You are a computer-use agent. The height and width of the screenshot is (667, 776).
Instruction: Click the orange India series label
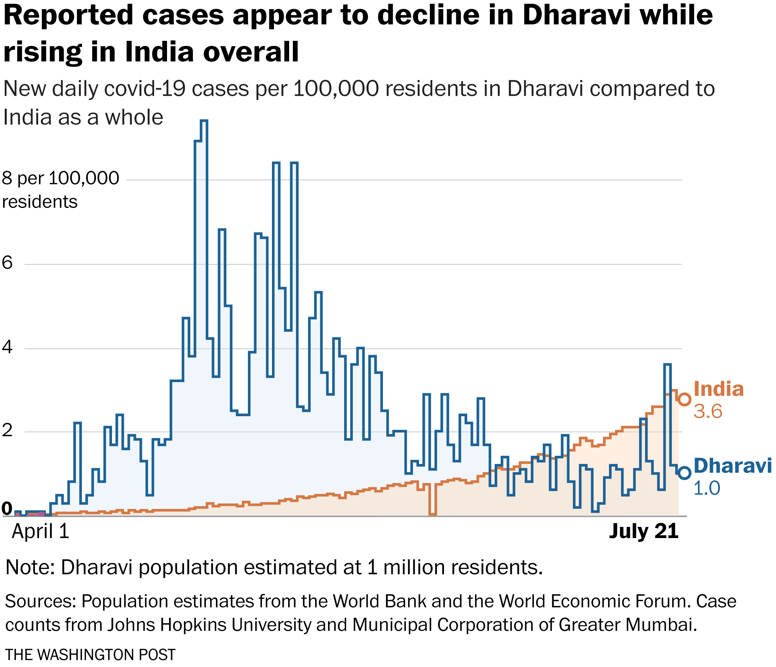pyautogui.click(x=718, y=389)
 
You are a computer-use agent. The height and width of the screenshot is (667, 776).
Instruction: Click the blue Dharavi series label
pyautogui.click(x=732, y=466)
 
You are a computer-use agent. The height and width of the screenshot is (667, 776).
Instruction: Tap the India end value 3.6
pyautogui.click(x=708, y=411)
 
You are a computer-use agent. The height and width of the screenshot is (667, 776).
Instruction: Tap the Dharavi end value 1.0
pyautogui.click(x=707, y=488)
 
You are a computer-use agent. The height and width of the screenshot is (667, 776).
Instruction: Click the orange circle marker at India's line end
pyautogui.click(x=685, y=399)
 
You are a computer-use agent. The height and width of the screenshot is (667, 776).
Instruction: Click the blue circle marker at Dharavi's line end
pyautogui.click(x=685, y=473)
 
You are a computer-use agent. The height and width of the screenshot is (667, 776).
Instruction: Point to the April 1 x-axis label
pyautogui.click(x=40, y=532)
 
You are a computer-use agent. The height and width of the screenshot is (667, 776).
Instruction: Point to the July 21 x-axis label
pyautogui.click(x=643, y=532)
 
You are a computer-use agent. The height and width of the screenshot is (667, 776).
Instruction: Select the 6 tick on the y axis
pyautogui.click(x=7, y=263)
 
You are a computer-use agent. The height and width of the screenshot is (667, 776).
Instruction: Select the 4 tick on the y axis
pyautogui.click(x=7, y=347)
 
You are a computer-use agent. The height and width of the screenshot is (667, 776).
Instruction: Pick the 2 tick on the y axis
pyautogui.click(x=7, y=431)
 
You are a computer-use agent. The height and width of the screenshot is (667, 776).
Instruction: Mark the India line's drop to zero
pyautogui.click(x=433, y=514)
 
